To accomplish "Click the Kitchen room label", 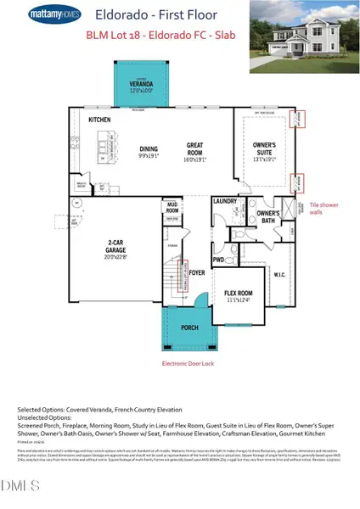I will [100, 120].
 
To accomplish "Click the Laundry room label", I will [225, 201].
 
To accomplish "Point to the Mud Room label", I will [172, 206].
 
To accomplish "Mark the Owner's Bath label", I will [268, 215].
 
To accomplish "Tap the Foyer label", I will [197, 274].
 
